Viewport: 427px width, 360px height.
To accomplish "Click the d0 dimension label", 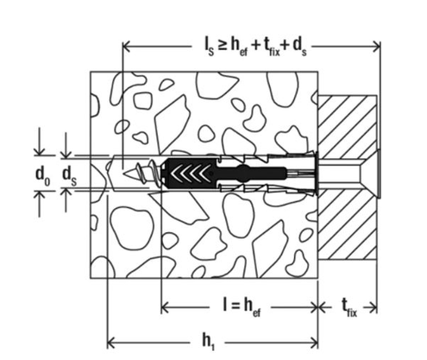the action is click(x=42, y=176).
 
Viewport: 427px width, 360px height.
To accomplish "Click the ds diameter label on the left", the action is click(x=70, y=176).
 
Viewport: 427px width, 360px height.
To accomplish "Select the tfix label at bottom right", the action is click(x=349, y=307).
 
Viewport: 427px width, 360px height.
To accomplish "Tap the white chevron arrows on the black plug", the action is click(x=189, y=174).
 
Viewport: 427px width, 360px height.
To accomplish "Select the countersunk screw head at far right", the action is click(x=370, y=174).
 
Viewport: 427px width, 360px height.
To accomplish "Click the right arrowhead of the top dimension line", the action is click(x=376, y=46).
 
